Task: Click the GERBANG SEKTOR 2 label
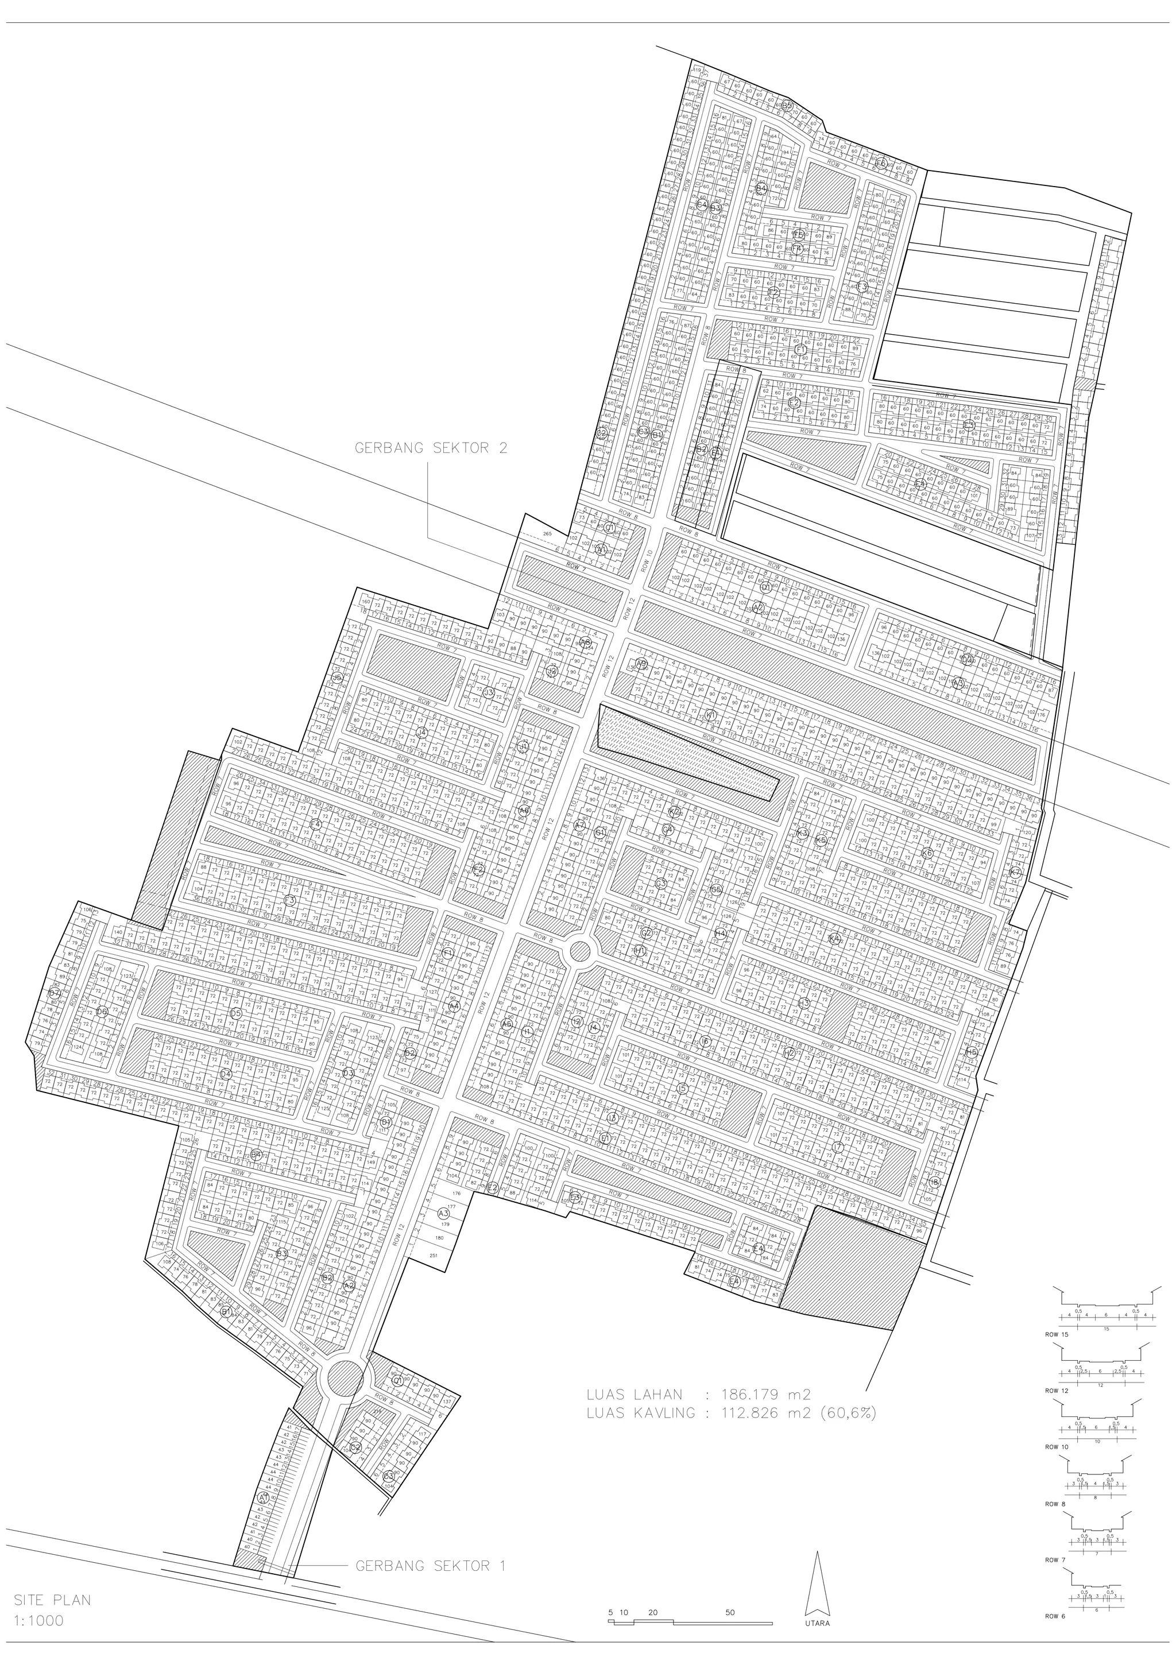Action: tap(431, 448)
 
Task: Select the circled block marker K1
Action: tap(710, 716)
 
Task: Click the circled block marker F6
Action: tap(881, 162)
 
